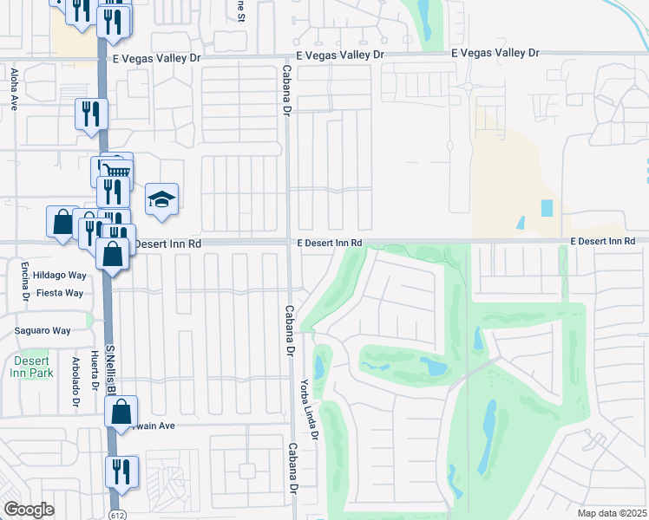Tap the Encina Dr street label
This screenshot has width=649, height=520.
(x=27, y=282)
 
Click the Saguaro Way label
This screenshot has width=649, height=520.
(x=43, y=330)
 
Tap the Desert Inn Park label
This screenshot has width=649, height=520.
(x=33, y=367)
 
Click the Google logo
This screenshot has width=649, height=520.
(x=29, y=510)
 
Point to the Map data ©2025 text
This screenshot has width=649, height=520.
(x=611, y=513)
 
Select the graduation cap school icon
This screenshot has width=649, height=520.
(x=161, y=200)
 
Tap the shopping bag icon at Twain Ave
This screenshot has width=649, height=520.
(x=121, y=411)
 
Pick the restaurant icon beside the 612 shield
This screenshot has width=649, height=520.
(x=121, y=471)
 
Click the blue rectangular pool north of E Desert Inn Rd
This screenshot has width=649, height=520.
(x=547, y=208)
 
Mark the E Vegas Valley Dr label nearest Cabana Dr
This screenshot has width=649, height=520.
(x=339, y=55)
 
